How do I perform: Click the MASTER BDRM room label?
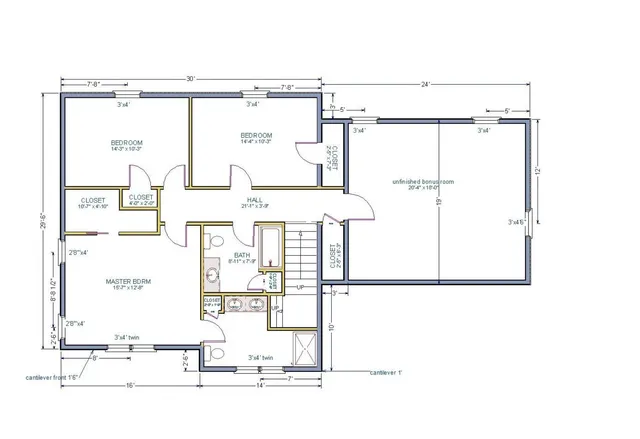[x=128, y=282]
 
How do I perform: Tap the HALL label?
[x=254, y=200]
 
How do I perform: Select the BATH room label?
[x=242, y=256]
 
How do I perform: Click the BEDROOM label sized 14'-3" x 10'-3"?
[x=126, y=143]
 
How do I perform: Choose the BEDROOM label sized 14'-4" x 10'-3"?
[x=256, y=135]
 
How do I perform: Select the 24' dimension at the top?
[x=426, y=85]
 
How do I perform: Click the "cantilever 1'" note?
[x=385, y=372]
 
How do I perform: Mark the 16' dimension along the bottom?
[x=131, y=385]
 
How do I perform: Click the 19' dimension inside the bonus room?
[x=438, y=201]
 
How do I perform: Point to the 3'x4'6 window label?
[x=517, y=221]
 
